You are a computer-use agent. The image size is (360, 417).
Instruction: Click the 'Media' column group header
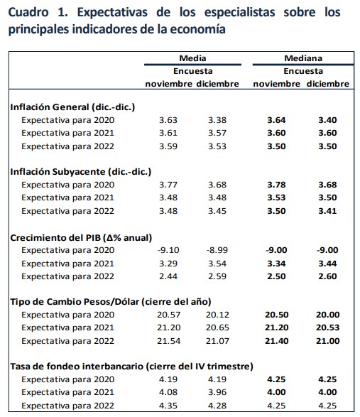187,58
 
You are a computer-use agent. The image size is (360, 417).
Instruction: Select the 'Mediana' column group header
303,58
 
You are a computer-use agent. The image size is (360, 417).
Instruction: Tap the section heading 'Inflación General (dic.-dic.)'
72,107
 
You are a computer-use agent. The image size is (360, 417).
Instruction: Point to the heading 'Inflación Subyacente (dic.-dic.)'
80,172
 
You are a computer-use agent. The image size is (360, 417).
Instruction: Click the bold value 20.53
328,328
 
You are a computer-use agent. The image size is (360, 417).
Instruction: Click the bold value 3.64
278,119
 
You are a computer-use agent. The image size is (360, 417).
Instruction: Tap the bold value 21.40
278,341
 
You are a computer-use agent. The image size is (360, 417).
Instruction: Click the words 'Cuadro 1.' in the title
36,13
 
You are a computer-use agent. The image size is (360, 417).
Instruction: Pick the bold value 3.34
278,264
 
